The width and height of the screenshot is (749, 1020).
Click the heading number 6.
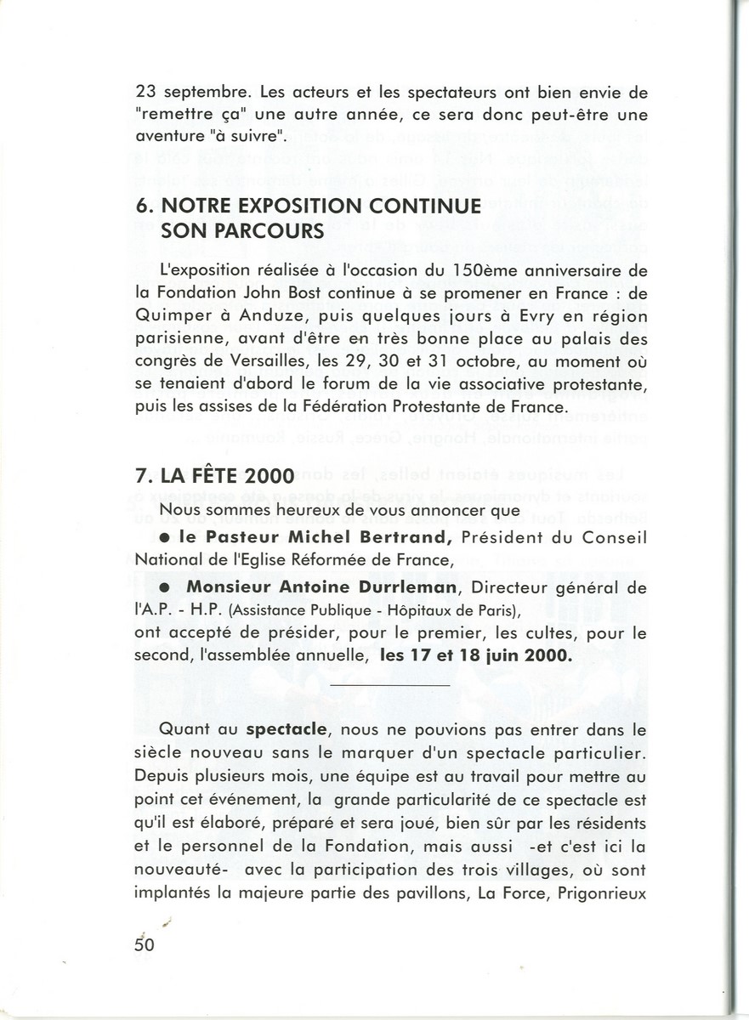point(141,207)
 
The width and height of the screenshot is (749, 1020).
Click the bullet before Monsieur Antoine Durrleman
point(167,586)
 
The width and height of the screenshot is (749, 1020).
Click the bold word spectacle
point(281,729)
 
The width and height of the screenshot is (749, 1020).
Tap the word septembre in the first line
point(199,94)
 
